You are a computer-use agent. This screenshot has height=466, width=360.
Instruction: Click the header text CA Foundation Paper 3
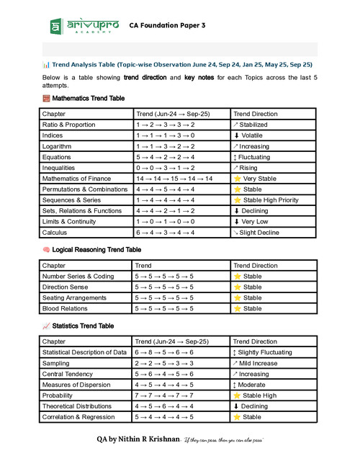(167, 25)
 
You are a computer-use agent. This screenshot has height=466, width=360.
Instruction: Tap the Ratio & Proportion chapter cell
(68, 125)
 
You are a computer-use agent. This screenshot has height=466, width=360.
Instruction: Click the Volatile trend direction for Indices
(253, 135)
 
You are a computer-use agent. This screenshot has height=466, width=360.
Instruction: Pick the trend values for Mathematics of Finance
(174, 178)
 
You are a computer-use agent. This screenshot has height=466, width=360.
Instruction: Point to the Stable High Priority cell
(272, 200)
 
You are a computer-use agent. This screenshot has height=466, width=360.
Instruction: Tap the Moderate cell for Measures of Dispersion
(256, 385)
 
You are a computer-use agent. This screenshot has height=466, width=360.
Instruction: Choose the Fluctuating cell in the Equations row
(258, 156)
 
